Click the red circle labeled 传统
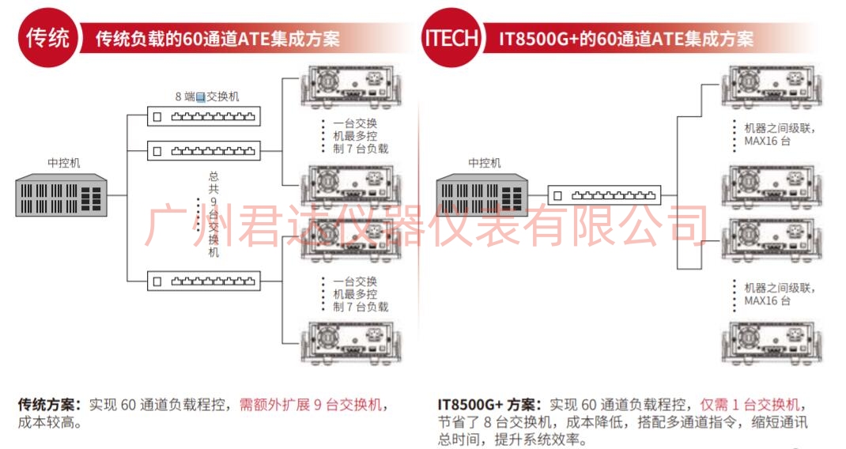pyautogui.click(x=47, y=38)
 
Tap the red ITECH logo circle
pyautogui.click(x=451, y=38)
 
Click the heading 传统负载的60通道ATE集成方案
pyautogui.click(x=217, y=39)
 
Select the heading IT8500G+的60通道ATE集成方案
pyautogui.click(x=626, y=39)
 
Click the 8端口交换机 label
pyautogui.click(x=207, y=96)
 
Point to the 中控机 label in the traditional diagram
pyautogui.click(x=64, y=162)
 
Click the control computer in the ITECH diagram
pyautogui.click(x=482, y=194)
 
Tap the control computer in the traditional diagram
pyautogui.click(x=61, y=194)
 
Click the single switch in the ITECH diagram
pyautogui.click(x=604, y=195)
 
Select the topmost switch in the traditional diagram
pyautogui.click(x=204, y=116)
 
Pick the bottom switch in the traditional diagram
pyautogui.click(x=204, y=281)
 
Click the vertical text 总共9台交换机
pyautogui.click(x=213, y=214)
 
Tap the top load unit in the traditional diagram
pyautogui.click(x=351, y=86)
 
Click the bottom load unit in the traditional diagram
pyautogui.click(x=351, y=343)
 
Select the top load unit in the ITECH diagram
pyautogui.click(x=772, y=86)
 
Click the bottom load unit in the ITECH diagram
pyautogui.click(x=772, y=343)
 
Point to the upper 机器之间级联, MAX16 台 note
pyautogui.click(x=780, y=134)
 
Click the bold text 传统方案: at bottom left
pyautogui.click(x=50, y=404)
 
